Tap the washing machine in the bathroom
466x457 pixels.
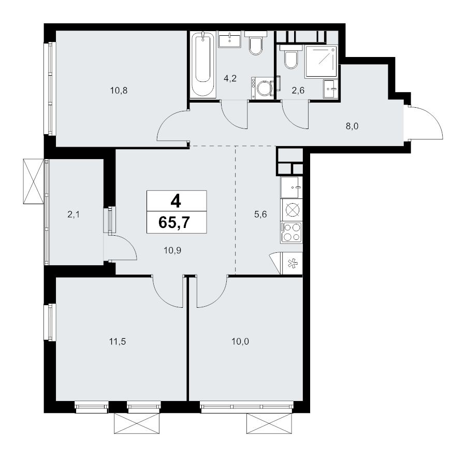[x=262, y=88]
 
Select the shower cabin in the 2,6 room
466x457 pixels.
[x=321, y=62]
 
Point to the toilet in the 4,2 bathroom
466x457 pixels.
[x=256, y=44]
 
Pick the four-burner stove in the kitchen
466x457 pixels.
[x=291, y=232]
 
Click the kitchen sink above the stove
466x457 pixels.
[x=291, y=188]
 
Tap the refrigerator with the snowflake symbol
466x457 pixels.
[x=292, y=263]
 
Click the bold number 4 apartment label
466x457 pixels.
[x=176, y=201]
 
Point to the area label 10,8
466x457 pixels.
[x=119, y=90]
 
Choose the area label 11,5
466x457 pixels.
[x=118, y=341]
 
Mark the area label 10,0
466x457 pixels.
[x=240, y=341]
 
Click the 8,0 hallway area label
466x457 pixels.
[x=352, y=126]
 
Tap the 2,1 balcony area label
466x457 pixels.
[x=74, y=214]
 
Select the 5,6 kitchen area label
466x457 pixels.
[x=260, y=214]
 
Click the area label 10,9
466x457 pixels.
[x=172, y=250]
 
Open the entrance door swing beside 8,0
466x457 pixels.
[x=425, y=122]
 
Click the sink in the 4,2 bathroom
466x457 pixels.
[x=229, y=39]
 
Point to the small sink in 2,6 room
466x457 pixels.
[x=330, y=89]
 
